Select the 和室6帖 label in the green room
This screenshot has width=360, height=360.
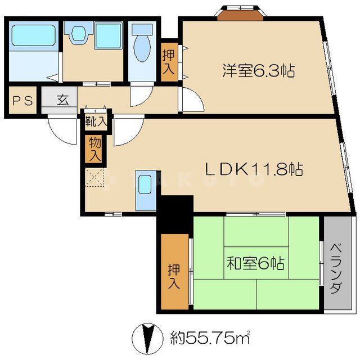tap(255, 263)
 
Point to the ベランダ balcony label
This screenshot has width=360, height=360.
tap(335, 269)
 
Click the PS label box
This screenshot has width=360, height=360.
tap(22, 102)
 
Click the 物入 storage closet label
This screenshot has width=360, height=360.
tap(94, 148)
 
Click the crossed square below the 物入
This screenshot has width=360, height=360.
tap(95, 179)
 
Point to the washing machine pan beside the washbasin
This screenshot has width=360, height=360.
tap(107, 36)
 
